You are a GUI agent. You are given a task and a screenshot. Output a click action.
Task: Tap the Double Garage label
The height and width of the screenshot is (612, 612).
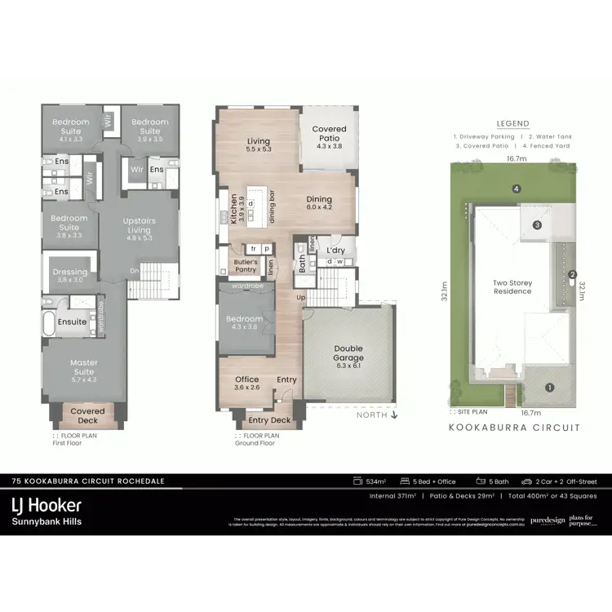348,353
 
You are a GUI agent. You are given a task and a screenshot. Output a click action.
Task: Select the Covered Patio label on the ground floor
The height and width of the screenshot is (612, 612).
329,134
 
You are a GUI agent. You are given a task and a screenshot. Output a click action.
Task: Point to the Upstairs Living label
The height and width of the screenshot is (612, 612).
139,225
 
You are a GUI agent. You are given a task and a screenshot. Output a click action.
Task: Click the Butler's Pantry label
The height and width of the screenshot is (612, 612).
246,265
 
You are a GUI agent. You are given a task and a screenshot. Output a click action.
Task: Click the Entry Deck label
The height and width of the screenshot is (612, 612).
269,420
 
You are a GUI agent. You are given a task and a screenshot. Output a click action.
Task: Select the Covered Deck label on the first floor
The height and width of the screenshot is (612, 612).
87,416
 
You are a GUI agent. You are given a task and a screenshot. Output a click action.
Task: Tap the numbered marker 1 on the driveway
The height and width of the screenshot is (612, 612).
548,388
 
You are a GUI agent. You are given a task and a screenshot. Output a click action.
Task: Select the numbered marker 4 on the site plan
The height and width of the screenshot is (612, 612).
516,189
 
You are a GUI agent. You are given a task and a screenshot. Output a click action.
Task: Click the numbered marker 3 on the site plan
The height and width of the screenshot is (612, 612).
537,224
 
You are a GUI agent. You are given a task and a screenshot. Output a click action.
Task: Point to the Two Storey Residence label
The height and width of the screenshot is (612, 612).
512,287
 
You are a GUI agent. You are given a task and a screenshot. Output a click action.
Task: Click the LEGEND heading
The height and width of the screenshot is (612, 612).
512,124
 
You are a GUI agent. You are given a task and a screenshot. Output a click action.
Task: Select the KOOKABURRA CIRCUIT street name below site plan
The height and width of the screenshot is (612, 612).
514,428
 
